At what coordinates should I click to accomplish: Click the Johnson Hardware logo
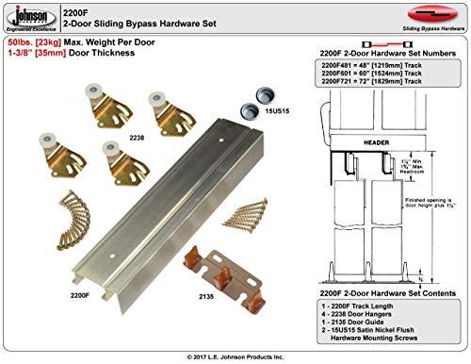tap(28, 17)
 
